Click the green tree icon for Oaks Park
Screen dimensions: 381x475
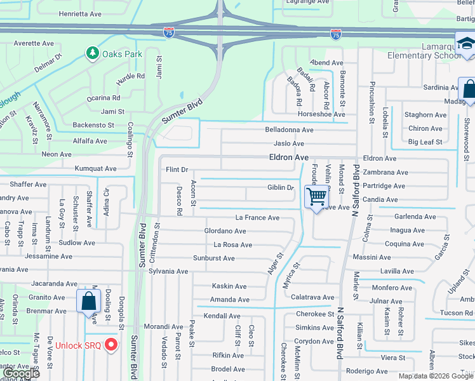point(93,53)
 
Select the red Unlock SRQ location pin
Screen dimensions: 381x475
point(112,345)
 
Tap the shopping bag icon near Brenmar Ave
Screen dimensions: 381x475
point(88,300)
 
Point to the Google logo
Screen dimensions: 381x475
point(21,374)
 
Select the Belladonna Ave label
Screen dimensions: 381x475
point(289,130)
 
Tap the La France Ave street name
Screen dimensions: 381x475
point(257,218)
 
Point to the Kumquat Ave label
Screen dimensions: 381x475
point(96,169)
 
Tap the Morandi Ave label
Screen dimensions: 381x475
point(163,326)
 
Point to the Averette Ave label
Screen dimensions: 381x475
point(34,43)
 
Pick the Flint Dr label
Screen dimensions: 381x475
point(177,170)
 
